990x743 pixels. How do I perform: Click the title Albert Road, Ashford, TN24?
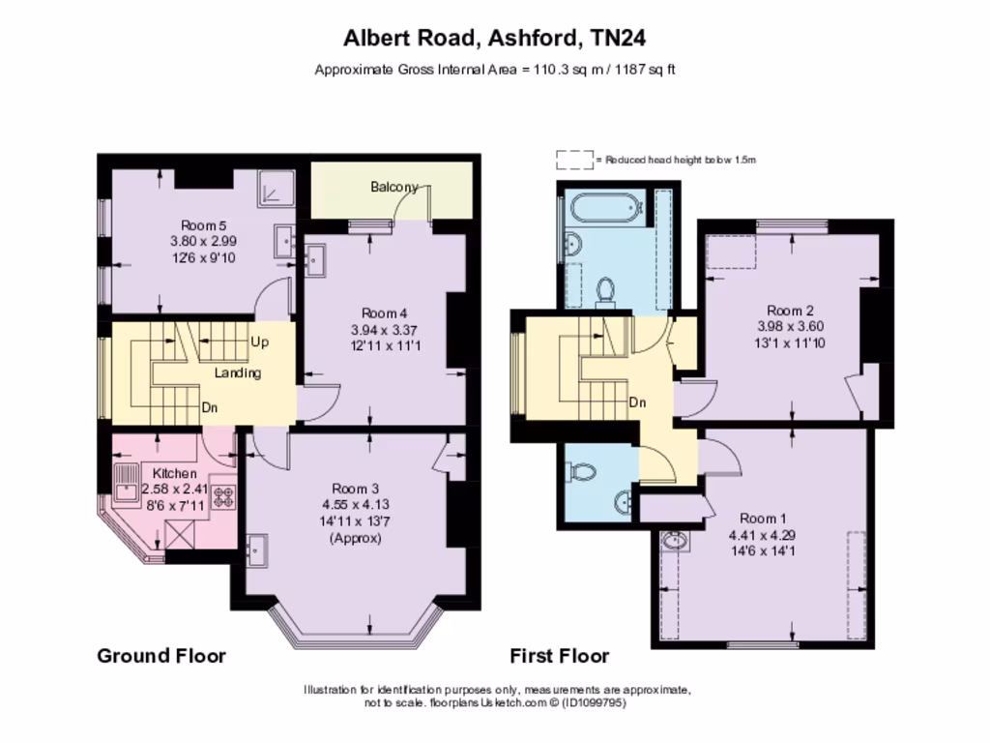[494, 39]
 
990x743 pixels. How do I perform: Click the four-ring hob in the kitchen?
[224, 497]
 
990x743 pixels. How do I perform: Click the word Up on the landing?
[260, 342]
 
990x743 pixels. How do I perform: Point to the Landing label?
[237, 372]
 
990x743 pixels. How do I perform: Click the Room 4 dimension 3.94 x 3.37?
[384, 329]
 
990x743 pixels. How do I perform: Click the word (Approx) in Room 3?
[356, 537]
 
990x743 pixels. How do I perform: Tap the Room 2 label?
[790, 311]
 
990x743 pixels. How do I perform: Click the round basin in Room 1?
[675, 541]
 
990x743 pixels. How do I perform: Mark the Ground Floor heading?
[161, 656]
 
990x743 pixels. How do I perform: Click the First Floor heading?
[560, 656]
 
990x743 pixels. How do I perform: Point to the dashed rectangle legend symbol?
[574, 159]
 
